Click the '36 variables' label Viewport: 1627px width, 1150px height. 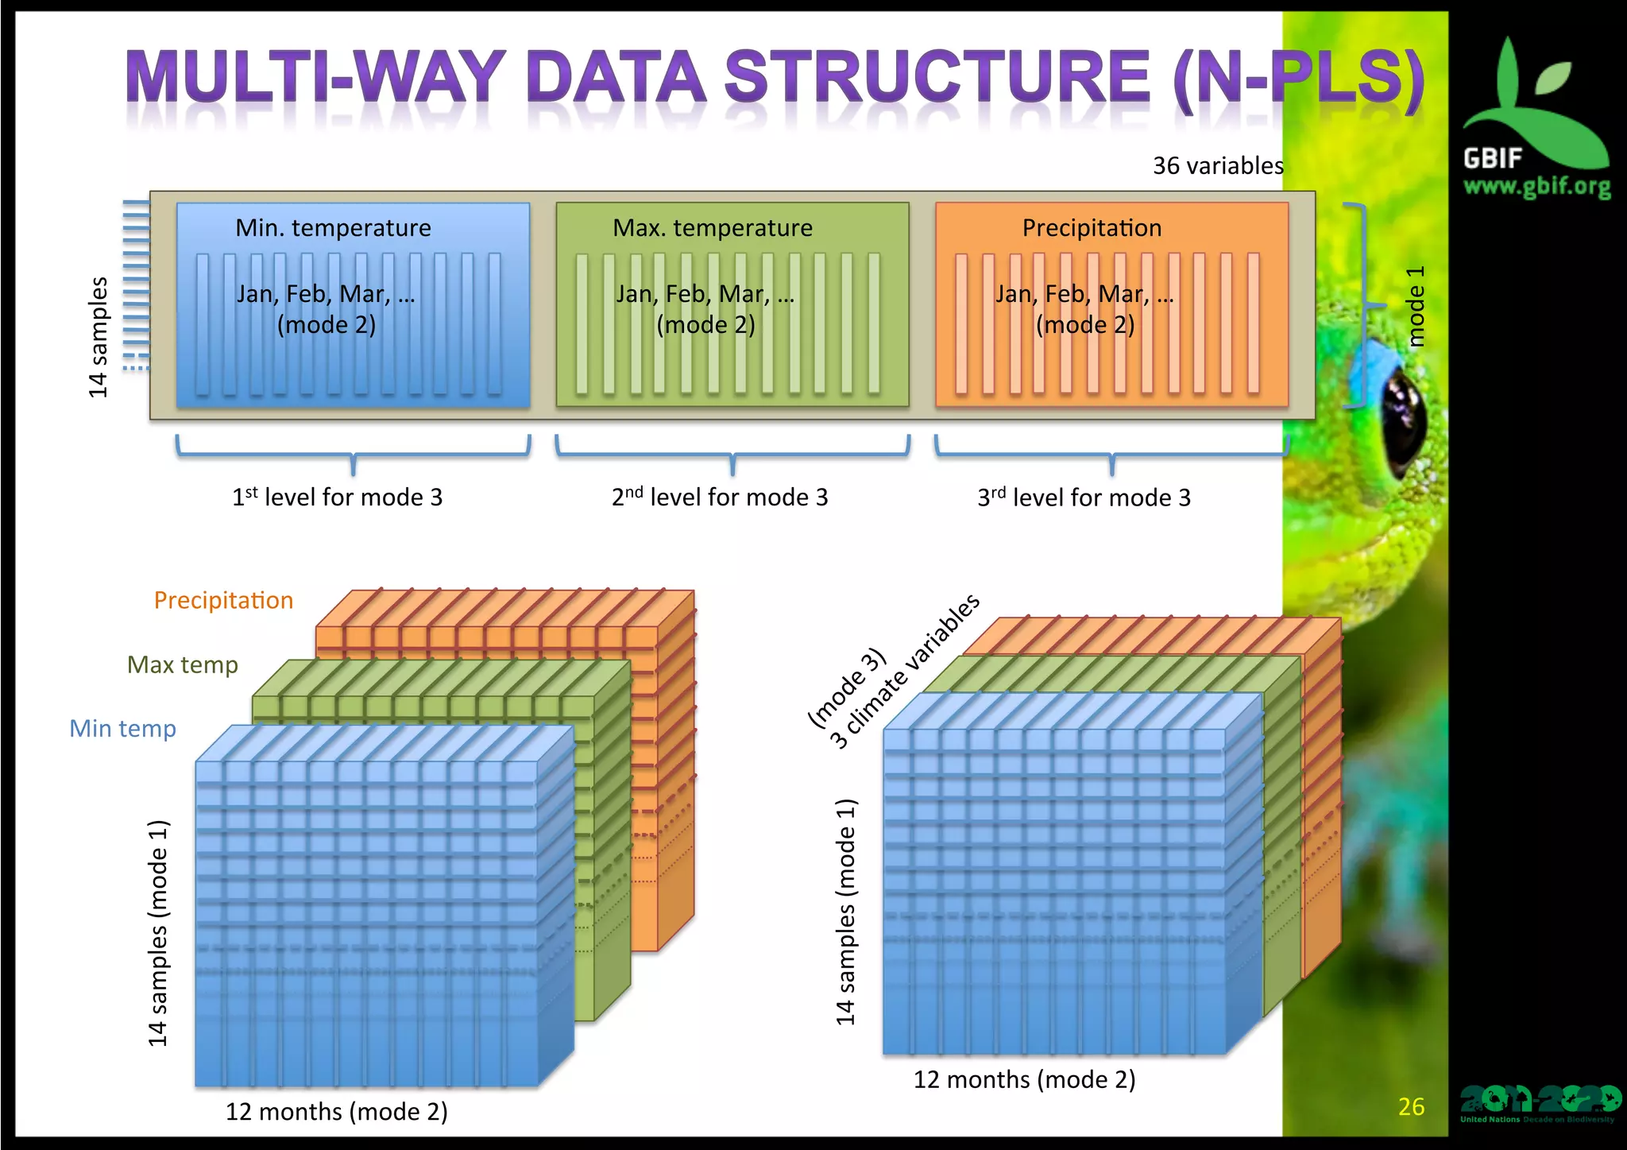[x=1217, y=165]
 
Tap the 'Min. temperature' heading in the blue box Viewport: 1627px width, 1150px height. [x=333, y=228]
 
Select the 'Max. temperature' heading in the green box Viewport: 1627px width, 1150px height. [x=713, y=228]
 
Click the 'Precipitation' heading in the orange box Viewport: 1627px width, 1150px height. [x=1092, y=228]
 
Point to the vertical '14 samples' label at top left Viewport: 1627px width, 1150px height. [x=98, y=337]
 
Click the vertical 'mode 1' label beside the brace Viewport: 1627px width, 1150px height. [x=1416, y=306]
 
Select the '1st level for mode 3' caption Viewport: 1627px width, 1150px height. [x=337, y=498]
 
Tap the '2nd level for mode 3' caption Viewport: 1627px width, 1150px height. [x=720, y=498]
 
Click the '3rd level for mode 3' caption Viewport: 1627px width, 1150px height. [x=1084, y=498]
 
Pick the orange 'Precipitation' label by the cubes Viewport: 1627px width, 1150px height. [x=223, y=600]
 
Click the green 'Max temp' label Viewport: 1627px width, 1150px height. [x=182, y=664]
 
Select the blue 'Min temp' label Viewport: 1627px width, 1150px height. [x=122, y=728]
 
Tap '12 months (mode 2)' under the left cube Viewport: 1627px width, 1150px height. [x=336, y=1111]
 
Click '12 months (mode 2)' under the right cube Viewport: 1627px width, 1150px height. [x=1024, y=1079]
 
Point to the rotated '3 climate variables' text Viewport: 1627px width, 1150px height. [x=906, y=672]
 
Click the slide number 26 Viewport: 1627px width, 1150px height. [x=1411, y=1106]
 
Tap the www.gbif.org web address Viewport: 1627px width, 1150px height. [x=1536, y=187]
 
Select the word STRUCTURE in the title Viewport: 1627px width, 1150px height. [x=937, y=78]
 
